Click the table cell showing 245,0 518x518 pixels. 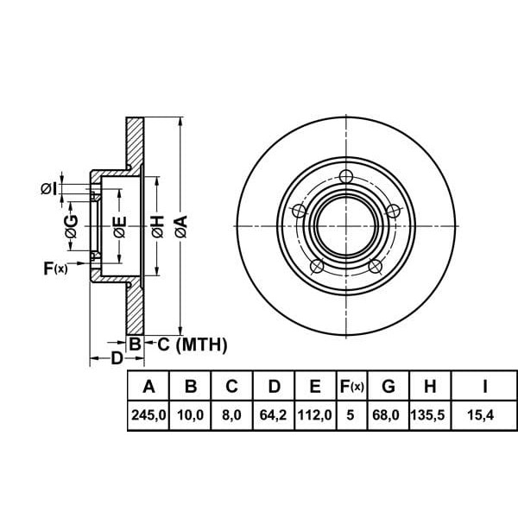(148, 414)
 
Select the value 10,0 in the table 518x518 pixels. (190, 414)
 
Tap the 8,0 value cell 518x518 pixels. (231, 414)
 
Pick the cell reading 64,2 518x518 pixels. (274, 414)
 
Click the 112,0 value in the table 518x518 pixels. (315, 414)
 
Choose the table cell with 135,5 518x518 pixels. (430, 414)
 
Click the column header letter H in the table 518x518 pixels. (430, 385)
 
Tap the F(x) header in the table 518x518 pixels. (351, 385)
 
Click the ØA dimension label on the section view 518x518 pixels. (180, 227)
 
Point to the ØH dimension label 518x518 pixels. (157, 227)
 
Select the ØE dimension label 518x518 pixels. (121, 227)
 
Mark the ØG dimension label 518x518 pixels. (72, 227)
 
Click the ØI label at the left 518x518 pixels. (49, 187)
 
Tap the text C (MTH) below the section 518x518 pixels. (191, 345)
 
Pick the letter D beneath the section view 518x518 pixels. (117, 358)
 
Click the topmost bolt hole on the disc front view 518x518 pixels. (346, 178)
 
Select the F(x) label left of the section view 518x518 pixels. (55, 268)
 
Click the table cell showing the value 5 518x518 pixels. (351, 414)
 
